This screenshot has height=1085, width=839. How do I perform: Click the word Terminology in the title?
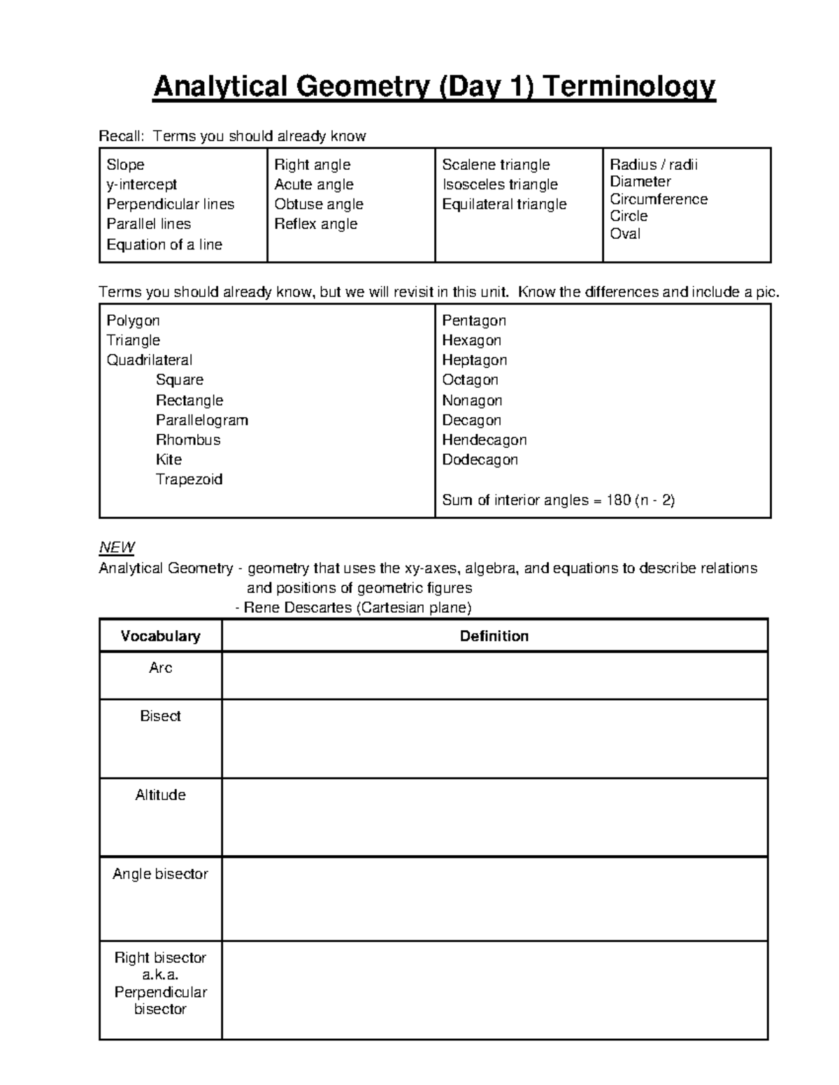629,87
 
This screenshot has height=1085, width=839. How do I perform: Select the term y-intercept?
141,184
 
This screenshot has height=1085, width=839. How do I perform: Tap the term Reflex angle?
315,224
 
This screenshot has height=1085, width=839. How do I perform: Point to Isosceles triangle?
500,184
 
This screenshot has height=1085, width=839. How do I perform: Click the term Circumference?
659,199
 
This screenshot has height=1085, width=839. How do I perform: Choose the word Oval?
625,233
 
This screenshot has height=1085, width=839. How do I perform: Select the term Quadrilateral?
149,361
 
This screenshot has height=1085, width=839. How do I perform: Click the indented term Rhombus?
188,440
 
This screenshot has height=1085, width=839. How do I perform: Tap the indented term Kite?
168,460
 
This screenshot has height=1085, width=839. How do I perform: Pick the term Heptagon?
474,361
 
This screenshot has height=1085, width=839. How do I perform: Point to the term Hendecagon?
484,440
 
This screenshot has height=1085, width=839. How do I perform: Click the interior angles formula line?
558,500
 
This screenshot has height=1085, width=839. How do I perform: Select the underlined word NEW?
117,547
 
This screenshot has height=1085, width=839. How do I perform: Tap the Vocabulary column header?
160,636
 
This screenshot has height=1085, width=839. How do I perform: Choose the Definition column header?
494,636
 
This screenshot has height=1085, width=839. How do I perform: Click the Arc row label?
160,668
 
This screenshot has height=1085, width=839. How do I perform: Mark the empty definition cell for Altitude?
494,817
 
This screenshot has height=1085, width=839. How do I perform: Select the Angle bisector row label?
160,874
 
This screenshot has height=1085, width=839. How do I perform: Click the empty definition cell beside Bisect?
494,738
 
